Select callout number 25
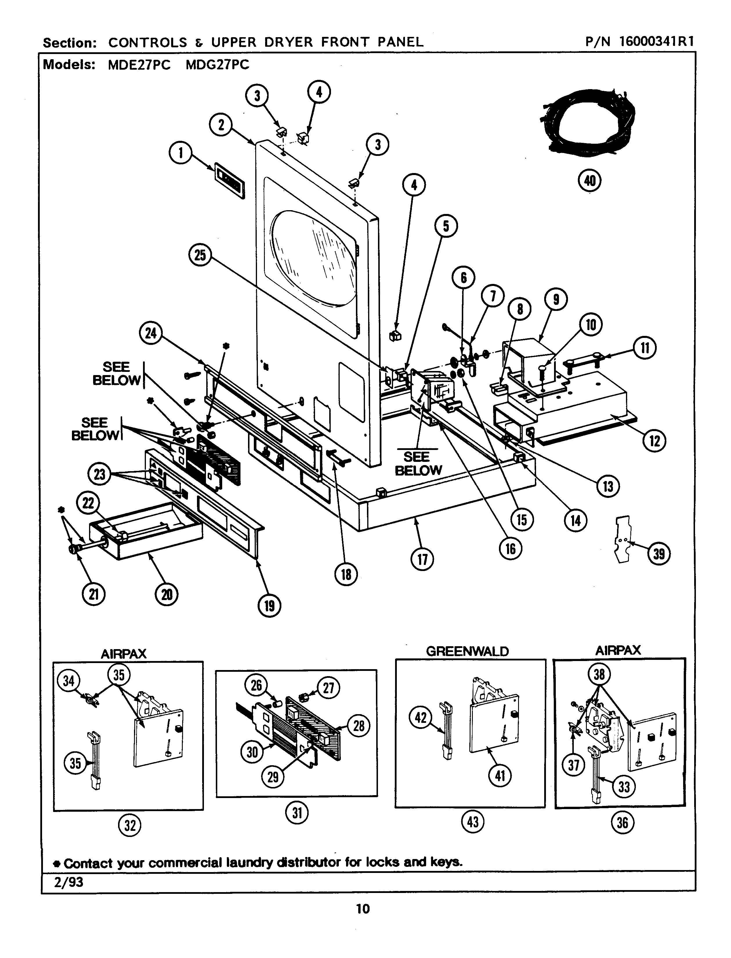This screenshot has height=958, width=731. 200,255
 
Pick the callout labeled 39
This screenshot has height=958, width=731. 659,554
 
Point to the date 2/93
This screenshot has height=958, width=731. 69,882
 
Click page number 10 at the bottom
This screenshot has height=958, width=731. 363,909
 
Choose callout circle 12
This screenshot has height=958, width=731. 654,441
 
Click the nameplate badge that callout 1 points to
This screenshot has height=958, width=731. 229,180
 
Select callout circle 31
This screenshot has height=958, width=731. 297,813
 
